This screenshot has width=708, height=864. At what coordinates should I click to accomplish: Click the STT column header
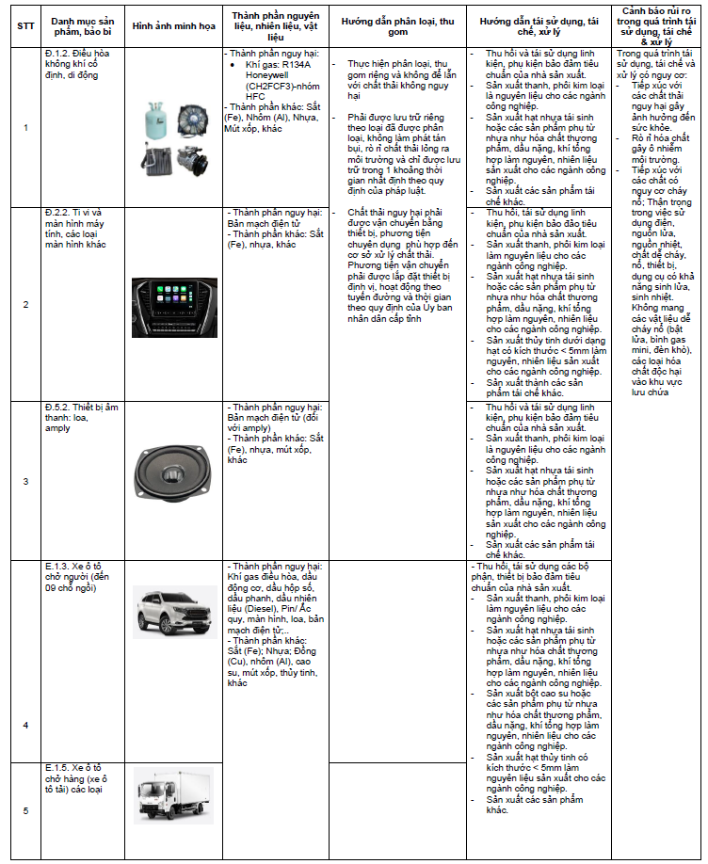click(x=24, y=25)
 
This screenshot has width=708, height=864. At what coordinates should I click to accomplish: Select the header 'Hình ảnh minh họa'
click(x=172, y=25)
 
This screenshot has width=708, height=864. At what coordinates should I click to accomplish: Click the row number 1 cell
click(x=25, y=127)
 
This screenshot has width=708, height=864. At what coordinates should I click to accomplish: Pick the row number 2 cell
click(x=25, y=304)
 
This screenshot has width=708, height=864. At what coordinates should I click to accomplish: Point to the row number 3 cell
click(x=25, y=481)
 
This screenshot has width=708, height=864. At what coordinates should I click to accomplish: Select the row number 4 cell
click(x=25, y=725)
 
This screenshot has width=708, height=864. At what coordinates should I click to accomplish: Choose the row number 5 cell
click(x=25, y=811)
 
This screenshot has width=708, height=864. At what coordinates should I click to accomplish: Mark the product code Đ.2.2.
click(x=58, y=213)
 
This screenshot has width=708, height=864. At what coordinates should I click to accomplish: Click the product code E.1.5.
click(x=58, y=769)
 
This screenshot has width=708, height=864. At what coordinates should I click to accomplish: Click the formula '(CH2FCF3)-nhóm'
click(x=282, y=86)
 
